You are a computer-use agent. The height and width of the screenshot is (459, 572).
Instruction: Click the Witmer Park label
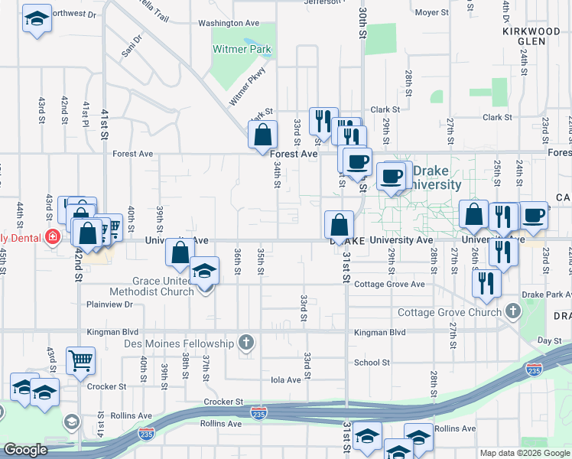[x=242, y=50]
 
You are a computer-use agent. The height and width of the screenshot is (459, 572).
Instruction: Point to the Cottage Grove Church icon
[x=512, y=311]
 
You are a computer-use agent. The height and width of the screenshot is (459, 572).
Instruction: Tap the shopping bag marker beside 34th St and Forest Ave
[x=262, y=135]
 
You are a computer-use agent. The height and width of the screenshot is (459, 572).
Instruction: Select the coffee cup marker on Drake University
[x=392, y=176]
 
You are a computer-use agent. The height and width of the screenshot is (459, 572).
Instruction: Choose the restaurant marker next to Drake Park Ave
[x=486, y=283]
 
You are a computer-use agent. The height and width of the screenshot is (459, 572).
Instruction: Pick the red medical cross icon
[x=52, y=237]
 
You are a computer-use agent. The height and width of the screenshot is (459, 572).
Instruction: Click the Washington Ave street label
[x=225, y=23]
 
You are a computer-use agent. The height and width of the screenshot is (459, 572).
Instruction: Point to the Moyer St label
[x=432, y=13]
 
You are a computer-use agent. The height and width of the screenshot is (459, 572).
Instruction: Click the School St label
[x=372, y=363]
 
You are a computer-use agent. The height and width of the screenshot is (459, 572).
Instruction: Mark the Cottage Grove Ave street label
[x=389, y=285]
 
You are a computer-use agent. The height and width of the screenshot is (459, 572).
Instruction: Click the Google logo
[x=25, y=451]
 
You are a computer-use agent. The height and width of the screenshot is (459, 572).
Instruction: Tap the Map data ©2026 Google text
[x=524, y=453]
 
